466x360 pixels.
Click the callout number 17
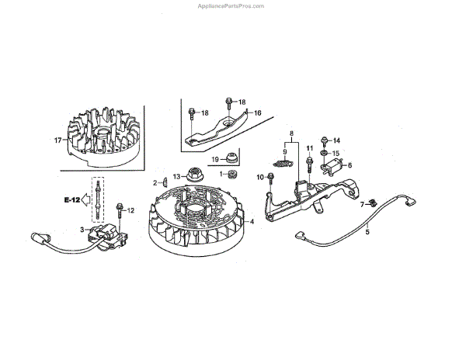click(57, 140)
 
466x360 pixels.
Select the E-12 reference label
click(72, 200)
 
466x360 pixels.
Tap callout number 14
click(337, 140)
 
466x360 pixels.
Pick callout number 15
click(337, 153)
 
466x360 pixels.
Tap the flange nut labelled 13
click(194, 176)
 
